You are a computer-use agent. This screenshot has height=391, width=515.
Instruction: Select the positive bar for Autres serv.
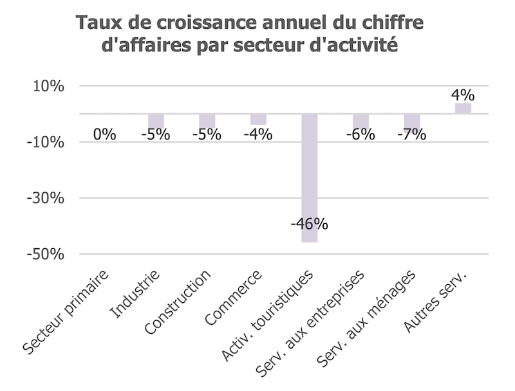coord(463,108)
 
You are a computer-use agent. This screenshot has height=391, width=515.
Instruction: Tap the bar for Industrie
coord(156,120)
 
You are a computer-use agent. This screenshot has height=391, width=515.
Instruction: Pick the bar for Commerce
coord(258,119)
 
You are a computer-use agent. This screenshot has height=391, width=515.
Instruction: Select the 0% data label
coord(104,134)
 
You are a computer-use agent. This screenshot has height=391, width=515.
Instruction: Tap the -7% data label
coord(411,134)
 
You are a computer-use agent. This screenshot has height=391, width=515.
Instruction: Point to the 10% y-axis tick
coord(48,86)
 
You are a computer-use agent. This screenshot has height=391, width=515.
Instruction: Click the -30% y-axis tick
coord(46,199)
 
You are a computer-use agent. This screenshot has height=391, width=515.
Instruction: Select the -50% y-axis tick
coord(46,255)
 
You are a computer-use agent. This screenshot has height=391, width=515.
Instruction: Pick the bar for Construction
coord(207,120)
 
